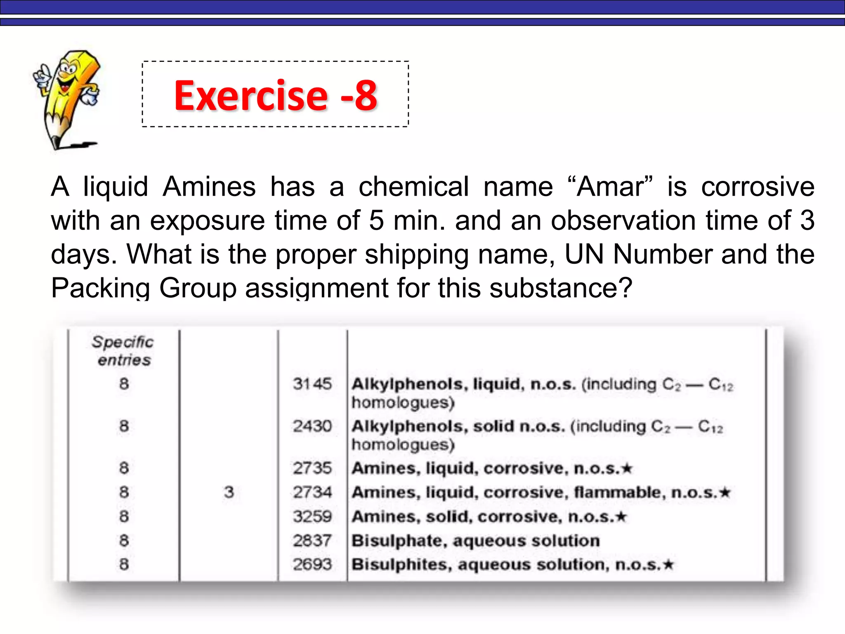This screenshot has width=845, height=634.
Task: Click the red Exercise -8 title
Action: tap(275, 95)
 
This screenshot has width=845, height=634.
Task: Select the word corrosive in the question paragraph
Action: tap(758, 187)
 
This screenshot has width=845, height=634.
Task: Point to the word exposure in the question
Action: tap(207, 220)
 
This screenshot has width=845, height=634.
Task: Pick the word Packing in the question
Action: tap(100, 288)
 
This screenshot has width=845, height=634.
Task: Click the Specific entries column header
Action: tap(123, 351)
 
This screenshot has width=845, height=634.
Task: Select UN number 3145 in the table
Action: tap(312, 384)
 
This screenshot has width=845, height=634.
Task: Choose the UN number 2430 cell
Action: tap(312, 426)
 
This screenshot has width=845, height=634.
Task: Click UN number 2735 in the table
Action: tap(312, 468)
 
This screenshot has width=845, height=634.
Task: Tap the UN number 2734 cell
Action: tap(312, 492)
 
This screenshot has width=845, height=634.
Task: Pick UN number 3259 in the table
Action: tap(312, 516)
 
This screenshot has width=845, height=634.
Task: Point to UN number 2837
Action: tap(312, 540)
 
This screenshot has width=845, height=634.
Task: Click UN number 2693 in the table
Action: tap(312, 564)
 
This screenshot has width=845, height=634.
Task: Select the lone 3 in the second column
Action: tap(229, 492)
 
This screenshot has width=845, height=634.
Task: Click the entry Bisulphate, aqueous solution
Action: tap(475, 541)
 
